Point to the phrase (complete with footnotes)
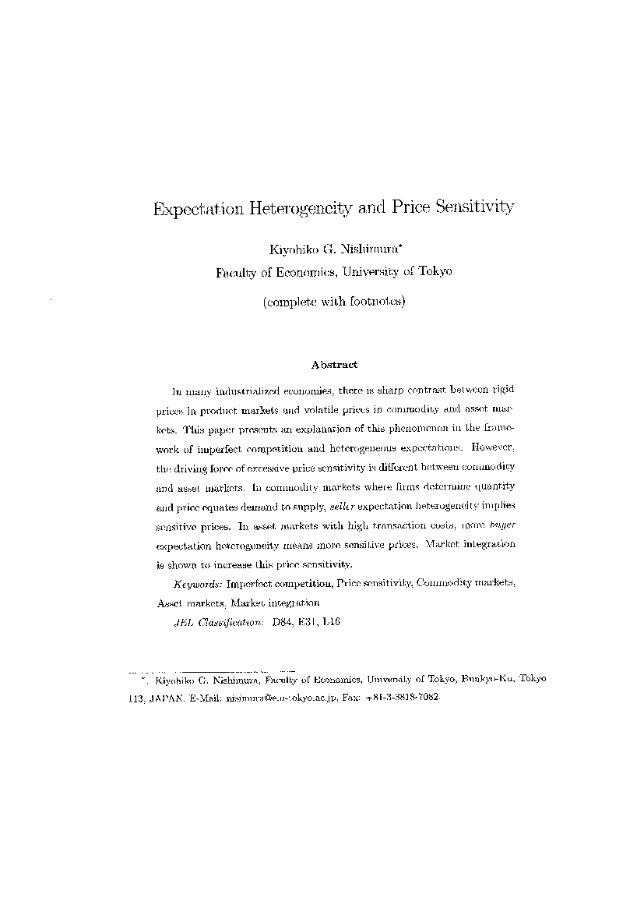pos(334,302)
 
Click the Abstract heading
pos(334,364)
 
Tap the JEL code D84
pos(284,622)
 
